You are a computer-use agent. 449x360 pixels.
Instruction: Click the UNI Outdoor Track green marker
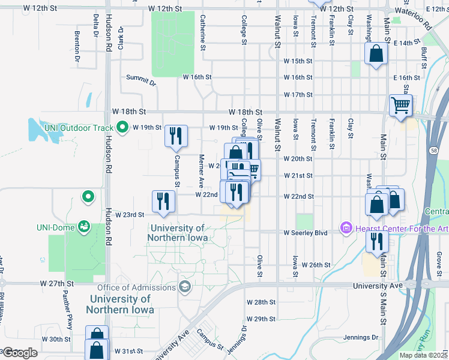(x=122, y=127)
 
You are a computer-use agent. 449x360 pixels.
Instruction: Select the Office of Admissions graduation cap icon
(x=184, y=287)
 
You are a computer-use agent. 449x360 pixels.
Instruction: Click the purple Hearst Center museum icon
(x=346, y=228)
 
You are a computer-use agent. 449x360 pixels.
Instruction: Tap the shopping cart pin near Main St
(x=400, y=106)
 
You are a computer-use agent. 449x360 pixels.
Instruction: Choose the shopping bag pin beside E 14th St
(x=376, y=54)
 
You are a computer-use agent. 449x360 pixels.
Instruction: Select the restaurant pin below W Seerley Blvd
(x=377, y=242)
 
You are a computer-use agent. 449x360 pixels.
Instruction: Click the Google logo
(x=20, y=353)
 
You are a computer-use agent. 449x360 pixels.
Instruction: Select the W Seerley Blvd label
(x=306, y=232)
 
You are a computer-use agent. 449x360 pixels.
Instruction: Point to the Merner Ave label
(x=202, y=169)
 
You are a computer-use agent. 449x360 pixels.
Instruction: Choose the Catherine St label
(x=203, y=32)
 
